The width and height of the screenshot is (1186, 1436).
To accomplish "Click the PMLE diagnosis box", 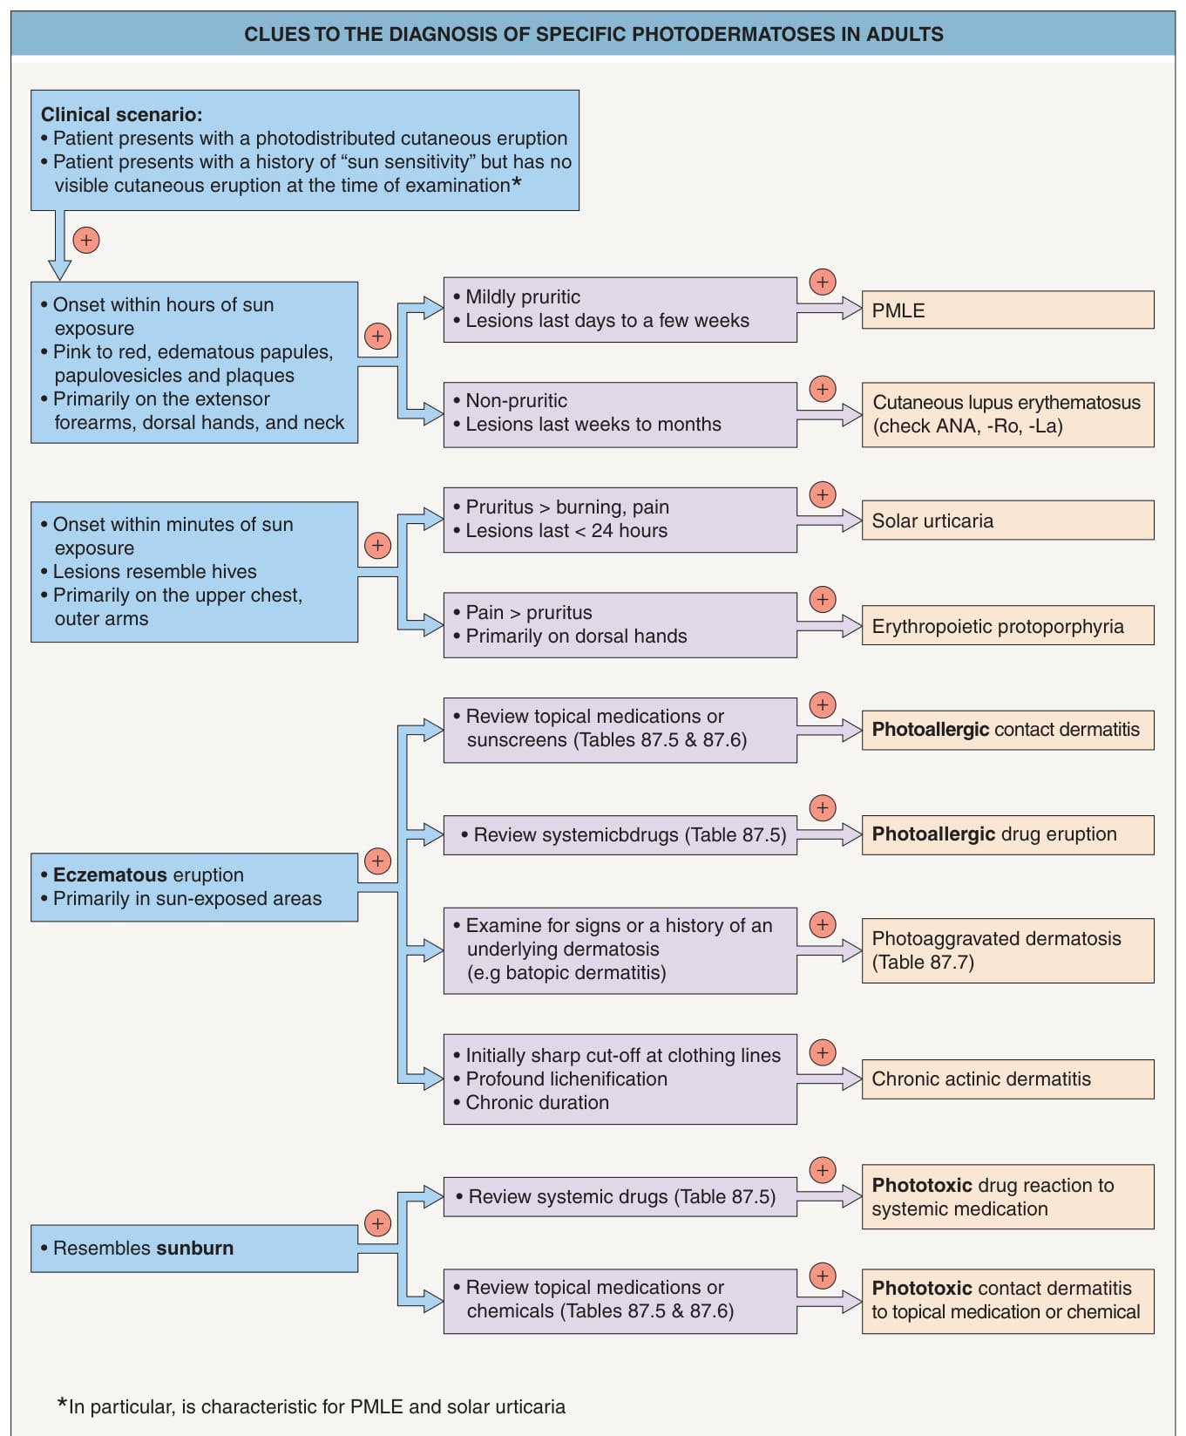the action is (1007, 310).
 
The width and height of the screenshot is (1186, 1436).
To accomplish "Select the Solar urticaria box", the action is (1007, 521).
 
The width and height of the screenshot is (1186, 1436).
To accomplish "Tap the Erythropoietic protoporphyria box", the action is (1007, 625).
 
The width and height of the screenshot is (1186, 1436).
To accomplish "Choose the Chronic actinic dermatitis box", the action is (1007, 1079).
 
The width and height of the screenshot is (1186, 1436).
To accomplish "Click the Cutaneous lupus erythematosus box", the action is (1007, 414).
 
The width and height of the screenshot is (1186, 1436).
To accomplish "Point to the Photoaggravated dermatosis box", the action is (1007, 950).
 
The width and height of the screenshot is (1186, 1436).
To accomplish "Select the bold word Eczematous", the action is (110, 875).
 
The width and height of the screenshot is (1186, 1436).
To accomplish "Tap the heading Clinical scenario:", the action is (122, 114).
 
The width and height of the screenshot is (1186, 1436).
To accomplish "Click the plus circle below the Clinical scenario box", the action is (86, 240).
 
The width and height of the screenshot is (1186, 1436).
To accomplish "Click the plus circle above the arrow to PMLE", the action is (823, 282).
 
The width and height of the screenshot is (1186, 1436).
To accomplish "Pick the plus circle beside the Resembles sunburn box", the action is (377, 1223).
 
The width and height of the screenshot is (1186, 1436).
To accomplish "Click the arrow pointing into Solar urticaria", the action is (830, 521).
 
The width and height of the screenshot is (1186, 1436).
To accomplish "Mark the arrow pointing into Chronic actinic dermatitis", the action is (830, 1079).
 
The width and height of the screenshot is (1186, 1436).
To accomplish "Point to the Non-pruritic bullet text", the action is (510, 400).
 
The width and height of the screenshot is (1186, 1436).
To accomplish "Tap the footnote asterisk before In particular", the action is (62, 1404).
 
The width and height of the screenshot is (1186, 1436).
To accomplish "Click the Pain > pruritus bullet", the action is (523, 612).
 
